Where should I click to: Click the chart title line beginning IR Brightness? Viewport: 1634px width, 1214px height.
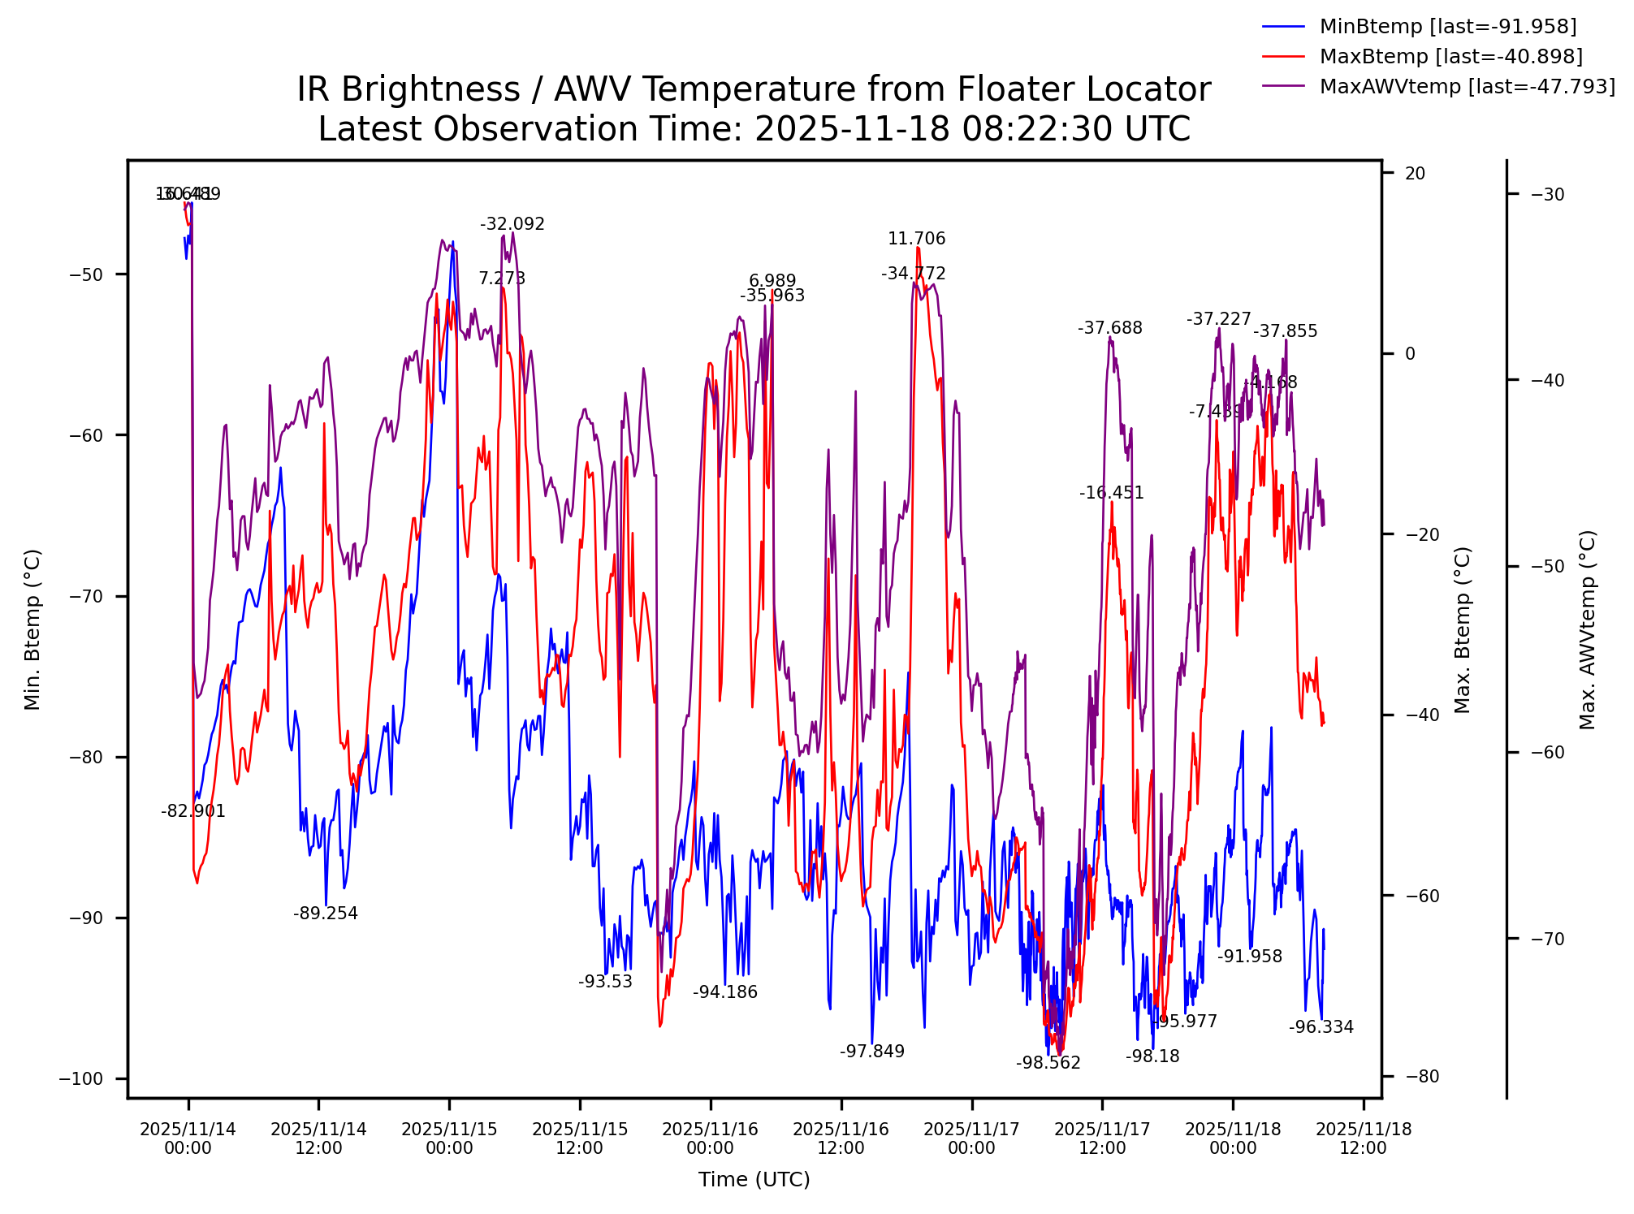pos(753,89)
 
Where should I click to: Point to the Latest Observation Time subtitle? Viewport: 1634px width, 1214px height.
pos(753,129)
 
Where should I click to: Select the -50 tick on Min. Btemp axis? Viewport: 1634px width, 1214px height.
pos(86,274)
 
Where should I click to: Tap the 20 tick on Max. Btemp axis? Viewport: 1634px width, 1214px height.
pos(1415,174)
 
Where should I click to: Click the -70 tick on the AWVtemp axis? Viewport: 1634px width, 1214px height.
pos(1547,939)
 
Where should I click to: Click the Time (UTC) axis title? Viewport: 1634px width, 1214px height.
pos(754,1179)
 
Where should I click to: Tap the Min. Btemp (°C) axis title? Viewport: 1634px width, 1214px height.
pos(32,629)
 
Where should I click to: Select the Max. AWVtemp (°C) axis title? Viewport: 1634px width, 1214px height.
pos(1588,629)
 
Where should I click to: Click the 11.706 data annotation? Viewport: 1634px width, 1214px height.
pos(916,239)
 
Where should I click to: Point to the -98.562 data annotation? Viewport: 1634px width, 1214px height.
pos(1048,1063)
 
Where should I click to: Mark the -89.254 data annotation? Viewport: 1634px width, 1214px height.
pos(325,914)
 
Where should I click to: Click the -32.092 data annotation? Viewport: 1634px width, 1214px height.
pos(512,225)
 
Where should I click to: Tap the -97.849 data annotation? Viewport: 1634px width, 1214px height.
pos(871,1052)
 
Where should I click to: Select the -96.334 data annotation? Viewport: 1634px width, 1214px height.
pos(1321,1027)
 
